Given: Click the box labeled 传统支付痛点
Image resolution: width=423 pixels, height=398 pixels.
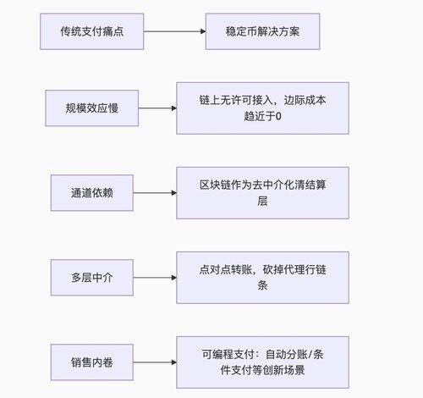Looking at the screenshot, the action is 92,31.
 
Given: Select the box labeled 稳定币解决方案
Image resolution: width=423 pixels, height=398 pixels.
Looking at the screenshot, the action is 262,31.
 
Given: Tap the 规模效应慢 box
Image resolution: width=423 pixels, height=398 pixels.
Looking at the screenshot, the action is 92,108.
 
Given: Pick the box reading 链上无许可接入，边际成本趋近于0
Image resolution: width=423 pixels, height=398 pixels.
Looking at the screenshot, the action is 262,108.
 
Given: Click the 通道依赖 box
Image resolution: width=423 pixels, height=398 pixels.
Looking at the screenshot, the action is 92,193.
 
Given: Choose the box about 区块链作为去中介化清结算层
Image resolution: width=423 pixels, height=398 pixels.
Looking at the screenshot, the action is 262,193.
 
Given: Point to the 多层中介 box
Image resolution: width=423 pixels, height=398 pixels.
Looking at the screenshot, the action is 92,278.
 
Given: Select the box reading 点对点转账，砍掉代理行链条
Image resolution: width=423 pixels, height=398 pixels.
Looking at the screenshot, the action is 262,278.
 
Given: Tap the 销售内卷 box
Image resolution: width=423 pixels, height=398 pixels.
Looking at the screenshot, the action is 92,362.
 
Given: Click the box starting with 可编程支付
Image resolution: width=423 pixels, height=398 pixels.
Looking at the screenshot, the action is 262,362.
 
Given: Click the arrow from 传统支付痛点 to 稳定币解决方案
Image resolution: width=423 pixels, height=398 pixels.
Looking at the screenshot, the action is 175,31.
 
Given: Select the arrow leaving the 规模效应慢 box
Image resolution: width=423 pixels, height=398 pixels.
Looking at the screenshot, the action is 157,108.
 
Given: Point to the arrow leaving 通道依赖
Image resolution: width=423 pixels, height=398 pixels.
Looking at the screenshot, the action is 155,193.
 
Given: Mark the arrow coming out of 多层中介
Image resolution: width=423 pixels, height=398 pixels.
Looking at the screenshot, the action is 155,278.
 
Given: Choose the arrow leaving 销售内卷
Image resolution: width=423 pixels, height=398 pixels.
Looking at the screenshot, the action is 155,362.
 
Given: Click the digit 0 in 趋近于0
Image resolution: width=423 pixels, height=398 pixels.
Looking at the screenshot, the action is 278,116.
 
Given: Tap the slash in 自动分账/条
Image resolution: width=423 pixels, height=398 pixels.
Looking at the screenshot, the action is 310,354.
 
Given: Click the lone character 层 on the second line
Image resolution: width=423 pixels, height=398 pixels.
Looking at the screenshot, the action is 262,201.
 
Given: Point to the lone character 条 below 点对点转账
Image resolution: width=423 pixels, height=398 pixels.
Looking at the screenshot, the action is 262,285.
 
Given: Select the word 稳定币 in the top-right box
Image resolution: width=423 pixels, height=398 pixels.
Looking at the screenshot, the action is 241,31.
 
